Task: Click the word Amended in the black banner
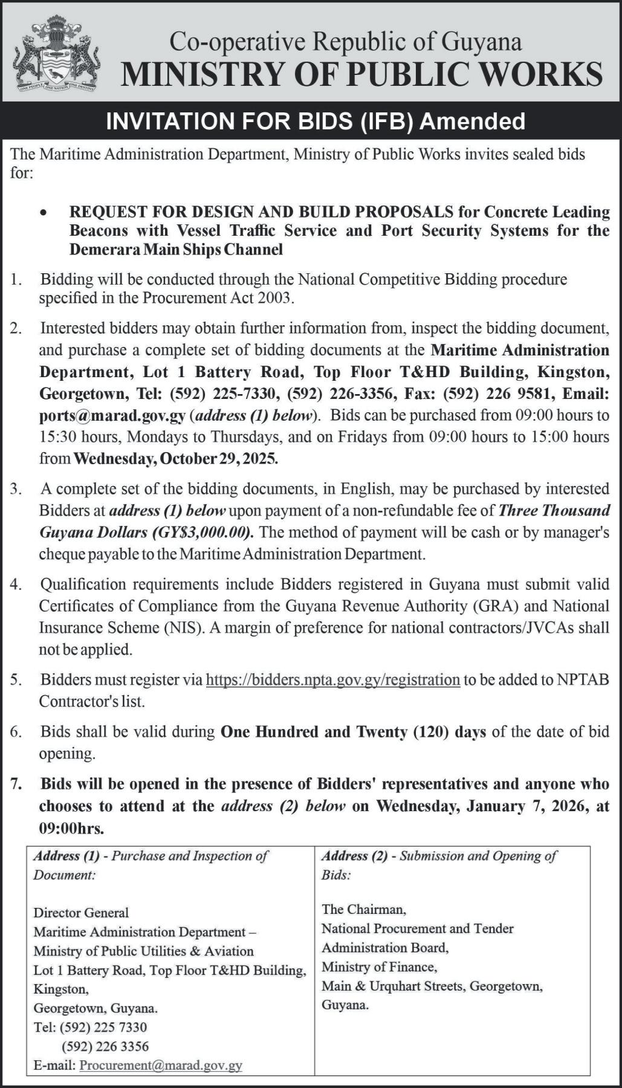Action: click(472, 121)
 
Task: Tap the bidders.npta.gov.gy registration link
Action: click(333, 680)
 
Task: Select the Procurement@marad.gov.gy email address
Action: click(161, 1065)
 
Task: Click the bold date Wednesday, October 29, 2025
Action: click(176, 459)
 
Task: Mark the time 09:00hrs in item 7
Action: click(72, 827)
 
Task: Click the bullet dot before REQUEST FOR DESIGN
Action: click(43, 213)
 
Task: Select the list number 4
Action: click(16, 584)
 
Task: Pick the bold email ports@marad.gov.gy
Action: click(112, 416)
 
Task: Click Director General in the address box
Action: click(81, 912)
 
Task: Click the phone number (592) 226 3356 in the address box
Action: click(105, 1046)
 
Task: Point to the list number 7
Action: click(16, 784)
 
